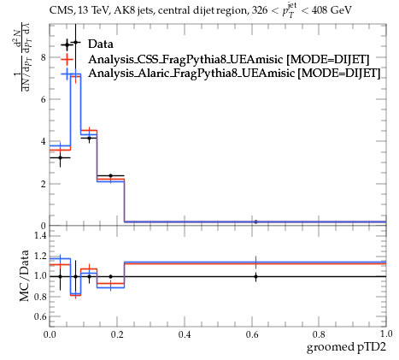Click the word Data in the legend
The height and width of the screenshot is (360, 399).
pos(101,44)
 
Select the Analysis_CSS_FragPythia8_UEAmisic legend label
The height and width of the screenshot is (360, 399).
pos(185,59)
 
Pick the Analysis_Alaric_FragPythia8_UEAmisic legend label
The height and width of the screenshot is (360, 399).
pos(191,73)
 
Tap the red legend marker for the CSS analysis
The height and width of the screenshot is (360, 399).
pos(67,59)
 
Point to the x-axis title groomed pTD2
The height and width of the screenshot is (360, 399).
pos(346,347)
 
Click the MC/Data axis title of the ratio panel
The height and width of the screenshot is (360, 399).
pos(24,275)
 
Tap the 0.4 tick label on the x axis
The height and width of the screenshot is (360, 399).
pos(185,334)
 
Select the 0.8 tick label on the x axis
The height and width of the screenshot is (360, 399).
pos(319,334)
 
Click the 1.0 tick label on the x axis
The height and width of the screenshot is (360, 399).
pos(386,333)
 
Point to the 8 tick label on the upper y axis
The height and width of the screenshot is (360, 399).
pos(44,57)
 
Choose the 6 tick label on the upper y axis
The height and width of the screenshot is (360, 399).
pos(44,99)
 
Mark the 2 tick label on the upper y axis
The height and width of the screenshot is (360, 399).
pos(44,184)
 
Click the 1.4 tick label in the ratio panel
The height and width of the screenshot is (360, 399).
pos(41,236)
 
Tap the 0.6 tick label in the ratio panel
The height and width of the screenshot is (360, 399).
pos(41,316)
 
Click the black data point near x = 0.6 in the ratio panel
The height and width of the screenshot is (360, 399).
pos(255,276)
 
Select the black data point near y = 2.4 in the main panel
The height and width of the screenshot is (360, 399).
pos(111,175)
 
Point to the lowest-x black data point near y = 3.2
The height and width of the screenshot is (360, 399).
pos(60,157)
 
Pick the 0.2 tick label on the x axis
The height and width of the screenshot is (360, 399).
pos(117,334)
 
